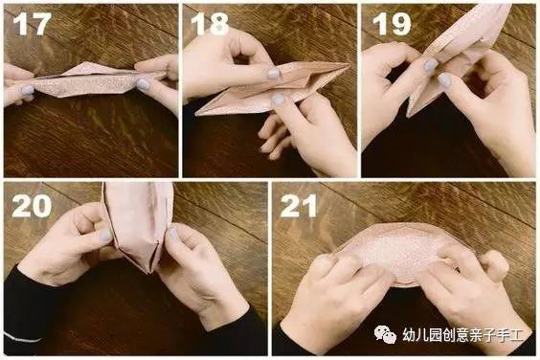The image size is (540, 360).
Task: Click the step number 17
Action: click(x=32, y=24)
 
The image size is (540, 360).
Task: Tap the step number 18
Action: click(x=210, y=24)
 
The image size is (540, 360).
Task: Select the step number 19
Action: click(x=392, y=24)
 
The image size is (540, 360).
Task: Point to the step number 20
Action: click(x=32, y=206)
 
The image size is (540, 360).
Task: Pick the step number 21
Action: click(x=299, y=206)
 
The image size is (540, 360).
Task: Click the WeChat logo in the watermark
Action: click(x=385, y=334)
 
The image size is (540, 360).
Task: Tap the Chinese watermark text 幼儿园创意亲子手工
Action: click(x=462, y=335)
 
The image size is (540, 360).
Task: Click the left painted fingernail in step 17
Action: click(x=28, y=90)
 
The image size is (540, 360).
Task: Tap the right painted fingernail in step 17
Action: click(x=144, y=83)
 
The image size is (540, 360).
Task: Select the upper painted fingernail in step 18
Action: click(x=273, y=74)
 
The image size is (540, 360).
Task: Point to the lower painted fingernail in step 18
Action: click(x=278, y=100)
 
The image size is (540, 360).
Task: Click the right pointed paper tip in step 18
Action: click(x=349, y=64)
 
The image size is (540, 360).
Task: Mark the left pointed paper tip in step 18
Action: click(x=196, y=114)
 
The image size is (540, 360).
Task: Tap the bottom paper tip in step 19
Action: click(x=409, y=116)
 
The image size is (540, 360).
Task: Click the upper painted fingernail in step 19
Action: click(x=430, y=65)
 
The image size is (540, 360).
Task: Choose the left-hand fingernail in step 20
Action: click(x=105, y=235)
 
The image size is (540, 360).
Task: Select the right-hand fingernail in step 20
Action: click(x=172, y=235)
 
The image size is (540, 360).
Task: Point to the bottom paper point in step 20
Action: click(x=149, y=272)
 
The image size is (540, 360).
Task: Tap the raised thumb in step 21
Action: click(x=495, y=265)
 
